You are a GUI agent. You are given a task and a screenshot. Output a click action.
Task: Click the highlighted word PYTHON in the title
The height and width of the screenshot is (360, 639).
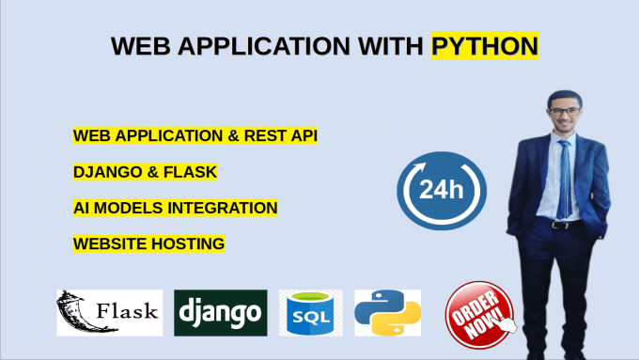tap(485, 46)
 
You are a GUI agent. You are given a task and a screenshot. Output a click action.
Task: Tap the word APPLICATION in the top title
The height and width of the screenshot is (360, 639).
tap(264, 46)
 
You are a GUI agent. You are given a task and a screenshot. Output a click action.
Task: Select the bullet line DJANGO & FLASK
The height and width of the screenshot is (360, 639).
tap(145, 172)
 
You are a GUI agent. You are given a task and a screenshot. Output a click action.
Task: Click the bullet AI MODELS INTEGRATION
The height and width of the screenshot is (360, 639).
tap(175, 208)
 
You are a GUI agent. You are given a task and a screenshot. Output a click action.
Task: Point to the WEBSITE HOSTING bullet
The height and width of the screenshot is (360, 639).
tap(148, 243)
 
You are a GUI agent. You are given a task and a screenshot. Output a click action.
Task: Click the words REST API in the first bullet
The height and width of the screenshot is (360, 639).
tap(280, 135)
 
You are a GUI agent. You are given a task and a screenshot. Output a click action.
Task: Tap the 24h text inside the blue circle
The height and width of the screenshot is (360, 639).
tap(442, 190)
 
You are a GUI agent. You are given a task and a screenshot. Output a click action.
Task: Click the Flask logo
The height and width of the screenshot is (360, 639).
tap(110, 313)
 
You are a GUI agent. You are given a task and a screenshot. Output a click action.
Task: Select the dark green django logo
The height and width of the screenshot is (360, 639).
tap(221, 313)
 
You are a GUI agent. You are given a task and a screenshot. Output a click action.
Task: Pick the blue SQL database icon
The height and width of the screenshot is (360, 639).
tap(310, 313)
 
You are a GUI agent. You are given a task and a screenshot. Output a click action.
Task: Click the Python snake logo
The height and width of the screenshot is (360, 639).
tap(387, 313)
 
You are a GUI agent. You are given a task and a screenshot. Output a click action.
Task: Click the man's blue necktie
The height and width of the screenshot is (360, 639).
tap(565, 180)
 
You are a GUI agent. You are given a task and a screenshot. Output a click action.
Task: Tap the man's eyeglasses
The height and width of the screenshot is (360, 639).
tap(565, 111)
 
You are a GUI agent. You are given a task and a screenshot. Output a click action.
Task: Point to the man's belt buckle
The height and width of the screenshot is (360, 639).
tap(557, 225)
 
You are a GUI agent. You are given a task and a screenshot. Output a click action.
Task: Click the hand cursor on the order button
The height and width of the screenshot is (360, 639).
tap(504, 322)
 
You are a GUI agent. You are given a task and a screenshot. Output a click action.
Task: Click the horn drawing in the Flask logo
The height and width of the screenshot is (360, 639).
tap(75, 312)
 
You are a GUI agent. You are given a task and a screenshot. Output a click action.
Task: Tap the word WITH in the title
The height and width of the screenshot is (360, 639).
tap(390, 46)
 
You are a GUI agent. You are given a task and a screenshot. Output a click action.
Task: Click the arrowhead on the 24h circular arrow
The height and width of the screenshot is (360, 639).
tap(419, 167)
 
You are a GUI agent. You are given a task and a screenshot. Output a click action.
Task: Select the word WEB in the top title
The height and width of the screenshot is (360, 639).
tap(141, 46)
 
